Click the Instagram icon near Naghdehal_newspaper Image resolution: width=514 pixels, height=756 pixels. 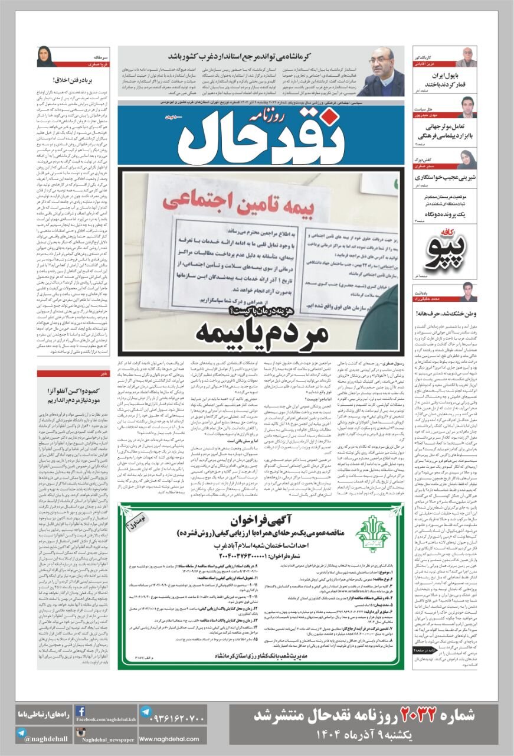tap(80, 734)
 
